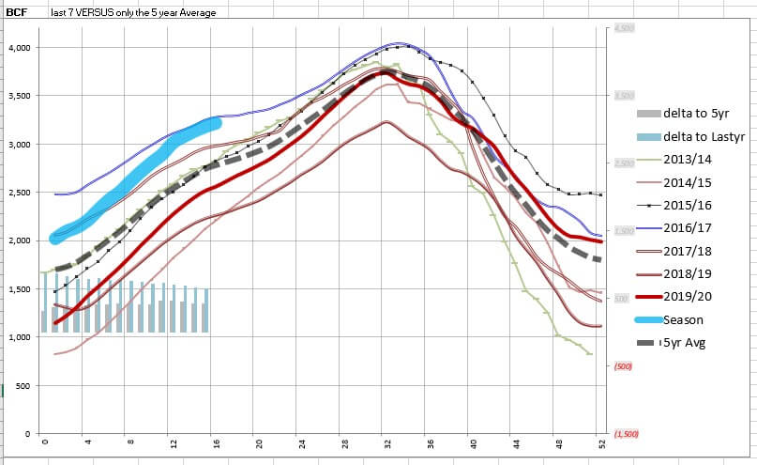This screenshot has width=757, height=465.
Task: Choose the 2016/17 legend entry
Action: [x=687, y=226]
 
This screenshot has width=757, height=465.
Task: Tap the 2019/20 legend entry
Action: [x=687, y=296]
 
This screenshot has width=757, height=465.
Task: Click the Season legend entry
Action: [x=683, y=319]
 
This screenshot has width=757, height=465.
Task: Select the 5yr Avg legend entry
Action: [x=685, y=343]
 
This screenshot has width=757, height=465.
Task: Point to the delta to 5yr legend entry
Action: [x=692, y=112]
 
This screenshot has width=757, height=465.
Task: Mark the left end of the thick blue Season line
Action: [x=55, y=239]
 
